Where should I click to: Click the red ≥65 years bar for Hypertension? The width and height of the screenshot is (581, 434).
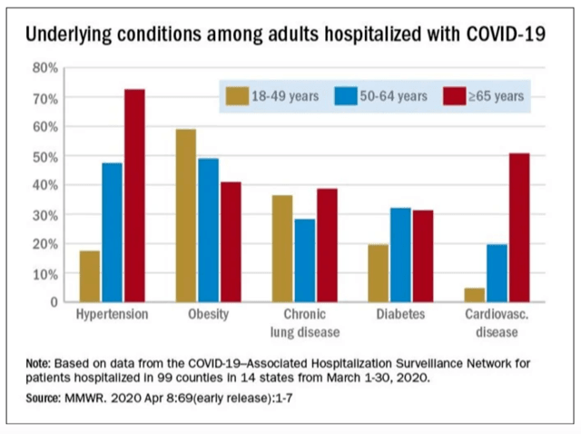point(134,195)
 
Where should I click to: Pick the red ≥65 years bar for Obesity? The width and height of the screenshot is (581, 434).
point(231,242)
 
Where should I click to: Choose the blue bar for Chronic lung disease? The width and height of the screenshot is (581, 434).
point(305,260)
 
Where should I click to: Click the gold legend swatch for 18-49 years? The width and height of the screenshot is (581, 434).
point(239,95)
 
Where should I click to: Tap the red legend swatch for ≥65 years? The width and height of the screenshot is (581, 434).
point(453,95)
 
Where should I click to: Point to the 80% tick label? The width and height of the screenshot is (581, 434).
point(46,68)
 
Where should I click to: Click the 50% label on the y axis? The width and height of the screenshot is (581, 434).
point(46,156)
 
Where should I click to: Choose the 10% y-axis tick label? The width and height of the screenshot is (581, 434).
point(46,273)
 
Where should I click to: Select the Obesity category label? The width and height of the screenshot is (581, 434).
point(209,315)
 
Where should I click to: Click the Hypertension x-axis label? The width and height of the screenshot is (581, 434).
point(113,315)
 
